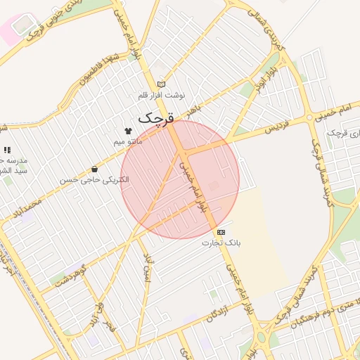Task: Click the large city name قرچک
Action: click(155, 117)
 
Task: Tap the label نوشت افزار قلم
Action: click(162, 94)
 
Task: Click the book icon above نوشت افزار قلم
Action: click(162, 84)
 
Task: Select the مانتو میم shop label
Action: click(128, 141)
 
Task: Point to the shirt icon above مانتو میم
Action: click(128, 131)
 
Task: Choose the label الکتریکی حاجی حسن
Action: click(95, 180)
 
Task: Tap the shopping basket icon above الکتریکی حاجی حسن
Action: click(95, 169)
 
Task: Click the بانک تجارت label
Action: click(221, 243)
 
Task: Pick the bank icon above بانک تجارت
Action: click(221, 232)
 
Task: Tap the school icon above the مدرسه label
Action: click(7, 150)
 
